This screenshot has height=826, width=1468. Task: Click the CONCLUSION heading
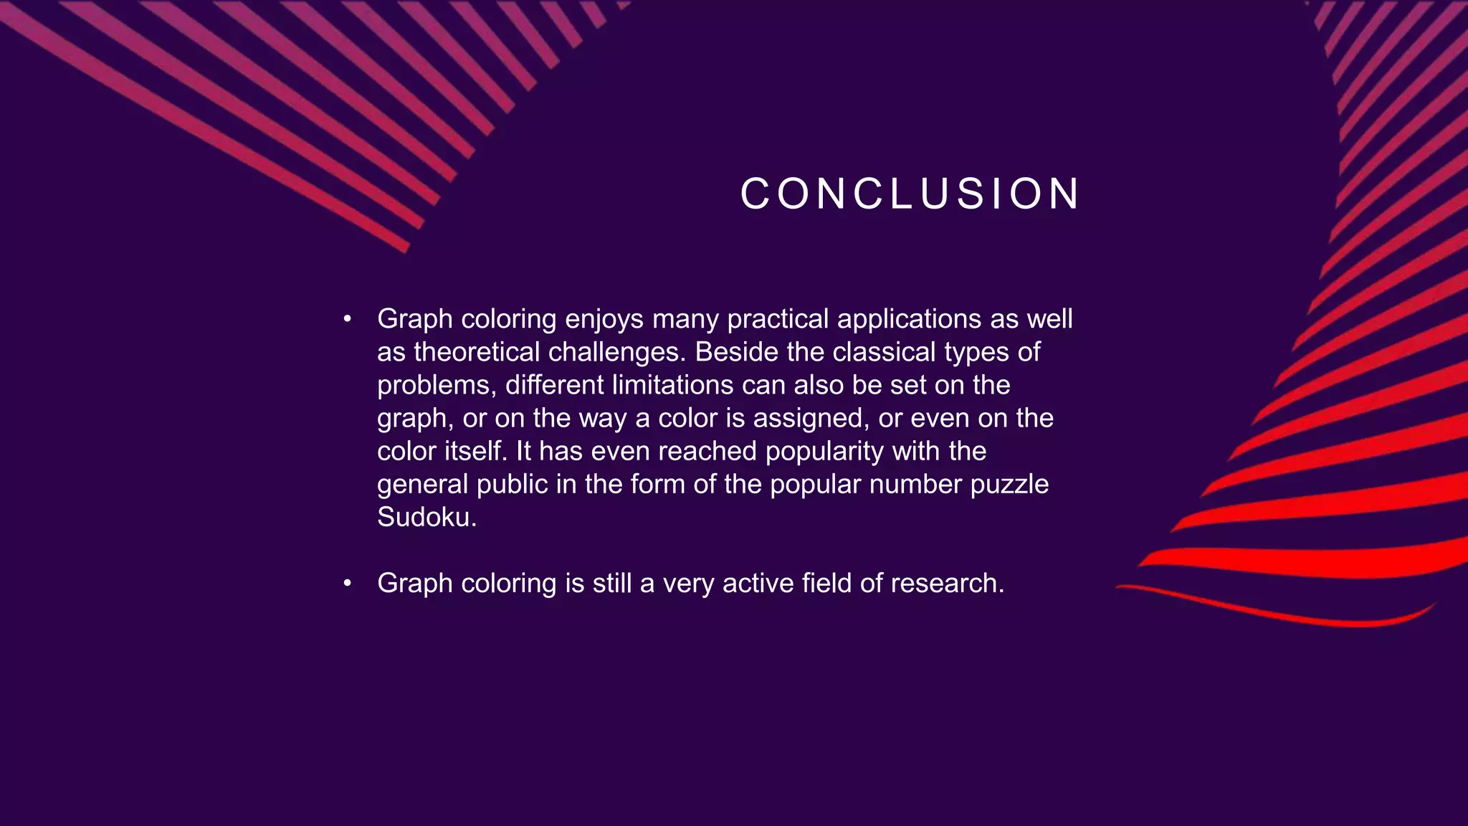[910, 194]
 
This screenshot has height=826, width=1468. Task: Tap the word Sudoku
[426, 517]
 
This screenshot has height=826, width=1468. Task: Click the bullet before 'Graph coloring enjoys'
[347, 319]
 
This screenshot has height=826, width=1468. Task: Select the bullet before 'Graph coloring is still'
[347, 583]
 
